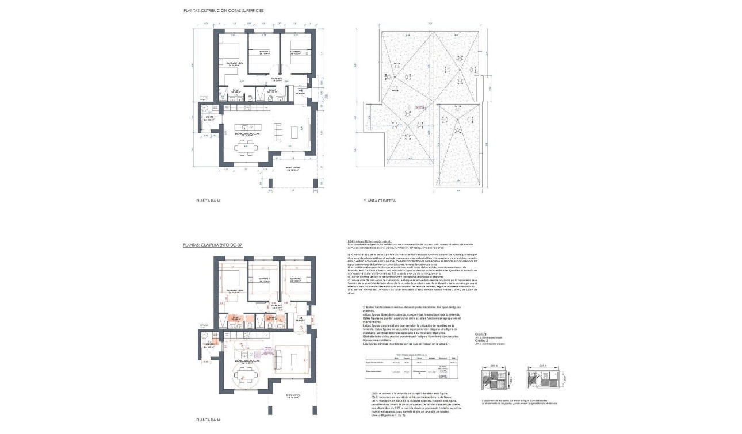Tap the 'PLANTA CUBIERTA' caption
tap(378, 202)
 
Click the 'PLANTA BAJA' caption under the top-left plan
tap(208, 202)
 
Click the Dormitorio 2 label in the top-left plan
tap(264, 53)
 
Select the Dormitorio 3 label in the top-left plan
tap(296, 53)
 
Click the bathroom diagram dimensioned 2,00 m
tap(494, 380)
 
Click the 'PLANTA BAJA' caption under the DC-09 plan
tap(208, 420)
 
